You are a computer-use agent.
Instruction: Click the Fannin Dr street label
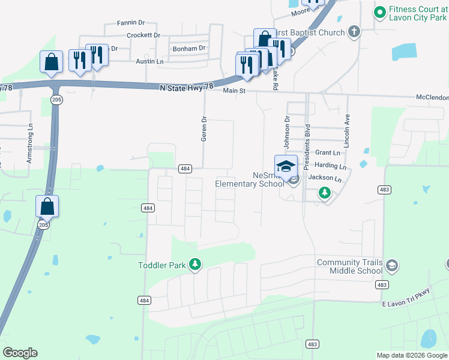coord(128,22)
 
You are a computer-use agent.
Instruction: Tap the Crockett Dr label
coord(143,35)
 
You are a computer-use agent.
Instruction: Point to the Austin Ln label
coord(149,61)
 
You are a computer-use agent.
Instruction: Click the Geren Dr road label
coord(204,128)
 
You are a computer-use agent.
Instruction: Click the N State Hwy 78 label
coord(187,87)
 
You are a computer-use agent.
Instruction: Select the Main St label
coord(235,91)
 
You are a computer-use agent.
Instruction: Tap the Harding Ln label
coord(330,166)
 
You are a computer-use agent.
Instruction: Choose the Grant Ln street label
coord(327,153)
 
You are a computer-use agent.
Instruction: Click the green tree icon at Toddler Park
coord(194,264)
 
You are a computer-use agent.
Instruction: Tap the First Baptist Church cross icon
coord(354,32)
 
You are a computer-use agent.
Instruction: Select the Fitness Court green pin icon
coord(379,11)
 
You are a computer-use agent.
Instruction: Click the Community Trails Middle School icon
coord(391,265)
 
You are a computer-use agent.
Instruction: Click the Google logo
coord(20,353)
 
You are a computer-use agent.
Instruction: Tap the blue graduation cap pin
coord(286,166)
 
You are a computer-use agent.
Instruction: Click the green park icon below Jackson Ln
coord(324,193)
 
